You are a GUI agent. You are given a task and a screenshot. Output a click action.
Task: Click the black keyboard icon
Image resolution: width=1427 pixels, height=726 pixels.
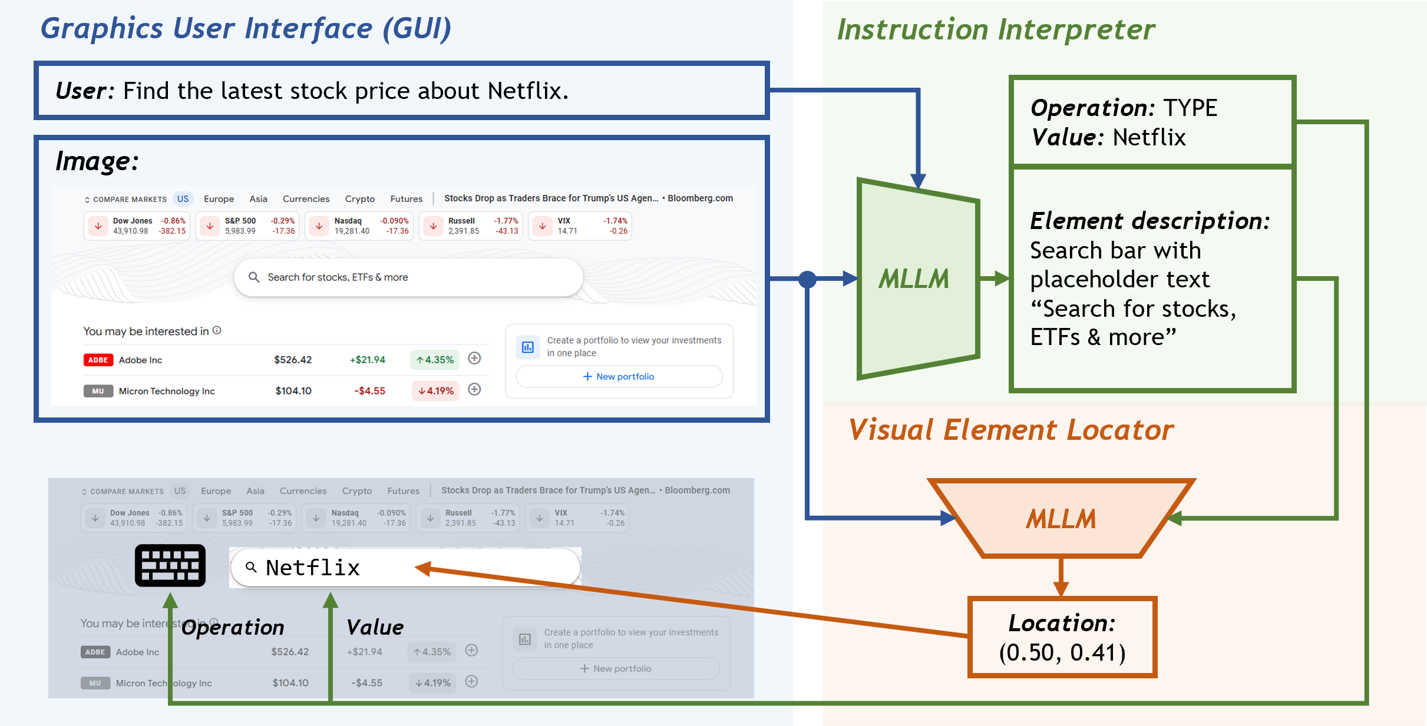[170, 565]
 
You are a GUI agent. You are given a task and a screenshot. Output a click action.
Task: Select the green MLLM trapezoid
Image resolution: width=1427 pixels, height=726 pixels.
[915, 279]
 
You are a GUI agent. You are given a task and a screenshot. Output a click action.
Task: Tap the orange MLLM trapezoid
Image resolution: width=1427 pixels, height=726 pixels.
[1061, 519]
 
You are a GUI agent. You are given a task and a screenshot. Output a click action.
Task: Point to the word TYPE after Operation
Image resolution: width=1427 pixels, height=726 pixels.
[1190, 108]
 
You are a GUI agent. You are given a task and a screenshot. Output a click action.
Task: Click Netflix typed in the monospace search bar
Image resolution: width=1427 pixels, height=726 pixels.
[313, 568]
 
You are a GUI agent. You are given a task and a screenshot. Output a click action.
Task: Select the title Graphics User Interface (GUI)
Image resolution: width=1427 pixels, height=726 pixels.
[246, 28]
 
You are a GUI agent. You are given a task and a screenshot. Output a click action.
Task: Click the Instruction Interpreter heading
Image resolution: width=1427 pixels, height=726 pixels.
[996, 29]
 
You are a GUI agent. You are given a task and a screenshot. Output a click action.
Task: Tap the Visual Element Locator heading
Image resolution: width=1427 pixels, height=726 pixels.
[1011, 430]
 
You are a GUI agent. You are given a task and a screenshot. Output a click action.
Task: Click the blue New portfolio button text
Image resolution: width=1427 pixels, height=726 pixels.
[625, 377]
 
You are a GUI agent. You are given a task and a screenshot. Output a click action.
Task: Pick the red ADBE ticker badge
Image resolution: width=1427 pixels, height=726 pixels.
[98, 360]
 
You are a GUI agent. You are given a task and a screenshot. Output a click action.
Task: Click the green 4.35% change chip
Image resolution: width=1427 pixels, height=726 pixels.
[435, 360]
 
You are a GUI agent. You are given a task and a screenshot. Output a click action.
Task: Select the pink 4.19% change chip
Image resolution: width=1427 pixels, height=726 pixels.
[435, 390]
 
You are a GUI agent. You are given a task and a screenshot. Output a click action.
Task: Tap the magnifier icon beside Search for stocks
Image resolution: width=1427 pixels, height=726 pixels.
[254, 277]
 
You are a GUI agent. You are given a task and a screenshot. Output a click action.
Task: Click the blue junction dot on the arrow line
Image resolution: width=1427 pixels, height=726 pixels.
[807, 279]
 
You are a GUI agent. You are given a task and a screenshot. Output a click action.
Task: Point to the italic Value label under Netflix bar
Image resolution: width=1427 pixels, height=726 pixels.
[375, 627]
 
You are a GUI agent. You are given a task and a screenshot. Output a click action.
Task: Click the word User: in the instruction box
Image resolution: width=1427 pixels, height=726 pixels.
[84, 91]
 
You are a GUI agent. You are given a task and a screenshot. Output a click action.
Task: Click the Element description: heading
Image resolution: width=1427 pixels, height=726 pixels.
[1149, 221]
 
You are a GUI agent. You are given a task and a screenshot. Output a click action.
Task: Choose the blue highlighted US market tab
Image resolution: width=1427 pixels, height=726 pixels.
[183, 199]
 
